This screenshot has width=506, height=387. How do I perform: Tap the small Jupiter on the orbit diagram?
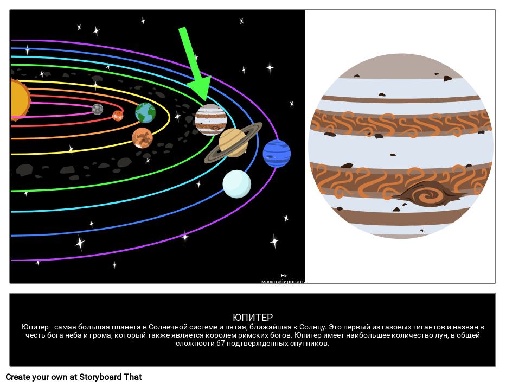click(x=210, y=120)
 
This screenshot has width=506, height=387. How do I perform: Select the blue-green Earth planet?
click(x=145, y=113)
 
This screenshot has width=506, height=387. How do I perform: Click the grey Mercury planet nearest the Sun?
click(x=98, y=109)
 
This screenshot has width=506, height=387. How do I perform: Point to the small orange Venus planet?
click(x=118, y=115)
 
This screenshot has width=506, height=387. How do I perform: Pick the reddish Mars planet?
click(x=142, y=138)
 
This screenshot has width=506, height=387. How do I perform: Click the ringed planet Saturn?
click(x=233, y=142)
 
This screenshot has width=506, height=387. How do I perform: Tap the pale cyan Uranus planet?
click(x=237, y=184)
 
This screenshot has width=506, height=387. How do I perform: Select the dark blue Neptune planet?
click(x=277, y=154)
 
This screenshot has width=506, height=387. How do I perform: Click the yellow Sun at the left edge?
click(x=20, y=99)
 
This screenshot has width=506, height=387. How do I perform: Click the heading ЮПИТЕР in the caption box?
click(x=253, y=317)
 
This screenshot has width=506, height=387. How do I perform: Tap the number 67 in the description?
click(x=220, y=344)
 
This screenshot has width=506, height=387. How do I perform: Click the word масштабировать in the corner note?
click(x=283, y=282)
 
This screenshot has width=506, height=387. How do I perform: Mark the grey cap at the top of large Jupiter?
click(x=400, y=66)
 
